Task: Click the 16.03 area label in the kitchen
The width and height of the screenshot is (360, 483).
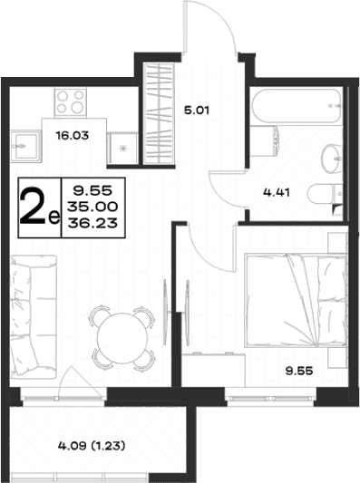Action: click(x=73, y=135)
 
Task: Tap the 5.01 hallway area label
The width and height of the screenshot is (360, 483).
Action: click(x=197, y=110)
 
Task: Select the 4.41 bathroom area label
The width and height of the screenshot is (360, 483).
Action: click(x=277, y=192)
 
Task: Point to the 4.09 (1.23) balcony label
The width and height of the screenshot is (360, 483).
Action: click(x=92, y=446)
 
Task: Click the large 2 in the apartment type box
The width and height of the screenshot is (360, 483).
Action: click(x=34, y=208)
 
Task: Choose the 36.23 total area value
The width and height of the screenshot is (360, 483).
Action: click(x=92, y=222)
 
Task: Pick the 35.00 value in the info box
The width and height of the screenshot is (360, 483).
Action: click(x=92, y=207)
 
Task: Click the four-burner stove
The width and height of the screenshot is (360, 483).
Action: click(x=71, y=102)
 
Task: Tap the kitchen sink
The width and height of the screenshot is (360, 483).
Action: click(x=25, y=146)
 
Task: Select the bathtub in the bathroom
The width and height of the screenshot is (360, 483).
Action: click(x=297, y=106)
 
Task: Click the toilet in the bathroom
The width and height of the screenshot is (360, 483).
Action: click(x=325, y=194)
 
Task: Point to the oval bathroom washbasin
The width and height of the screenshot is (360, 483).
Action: click(x=332, y=159)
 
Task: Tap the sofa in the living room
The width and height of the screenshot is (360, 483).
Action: click(x=33, y=316)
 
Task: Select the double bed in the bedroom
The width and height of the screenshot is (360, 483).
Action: click(x=296, y=300)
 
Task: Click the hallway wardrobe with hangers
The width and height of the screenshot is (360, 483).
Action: click(x=160, y=112)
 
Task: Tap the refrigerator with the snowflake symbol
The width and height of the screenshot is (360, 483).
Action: click(x=123, y=148)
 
